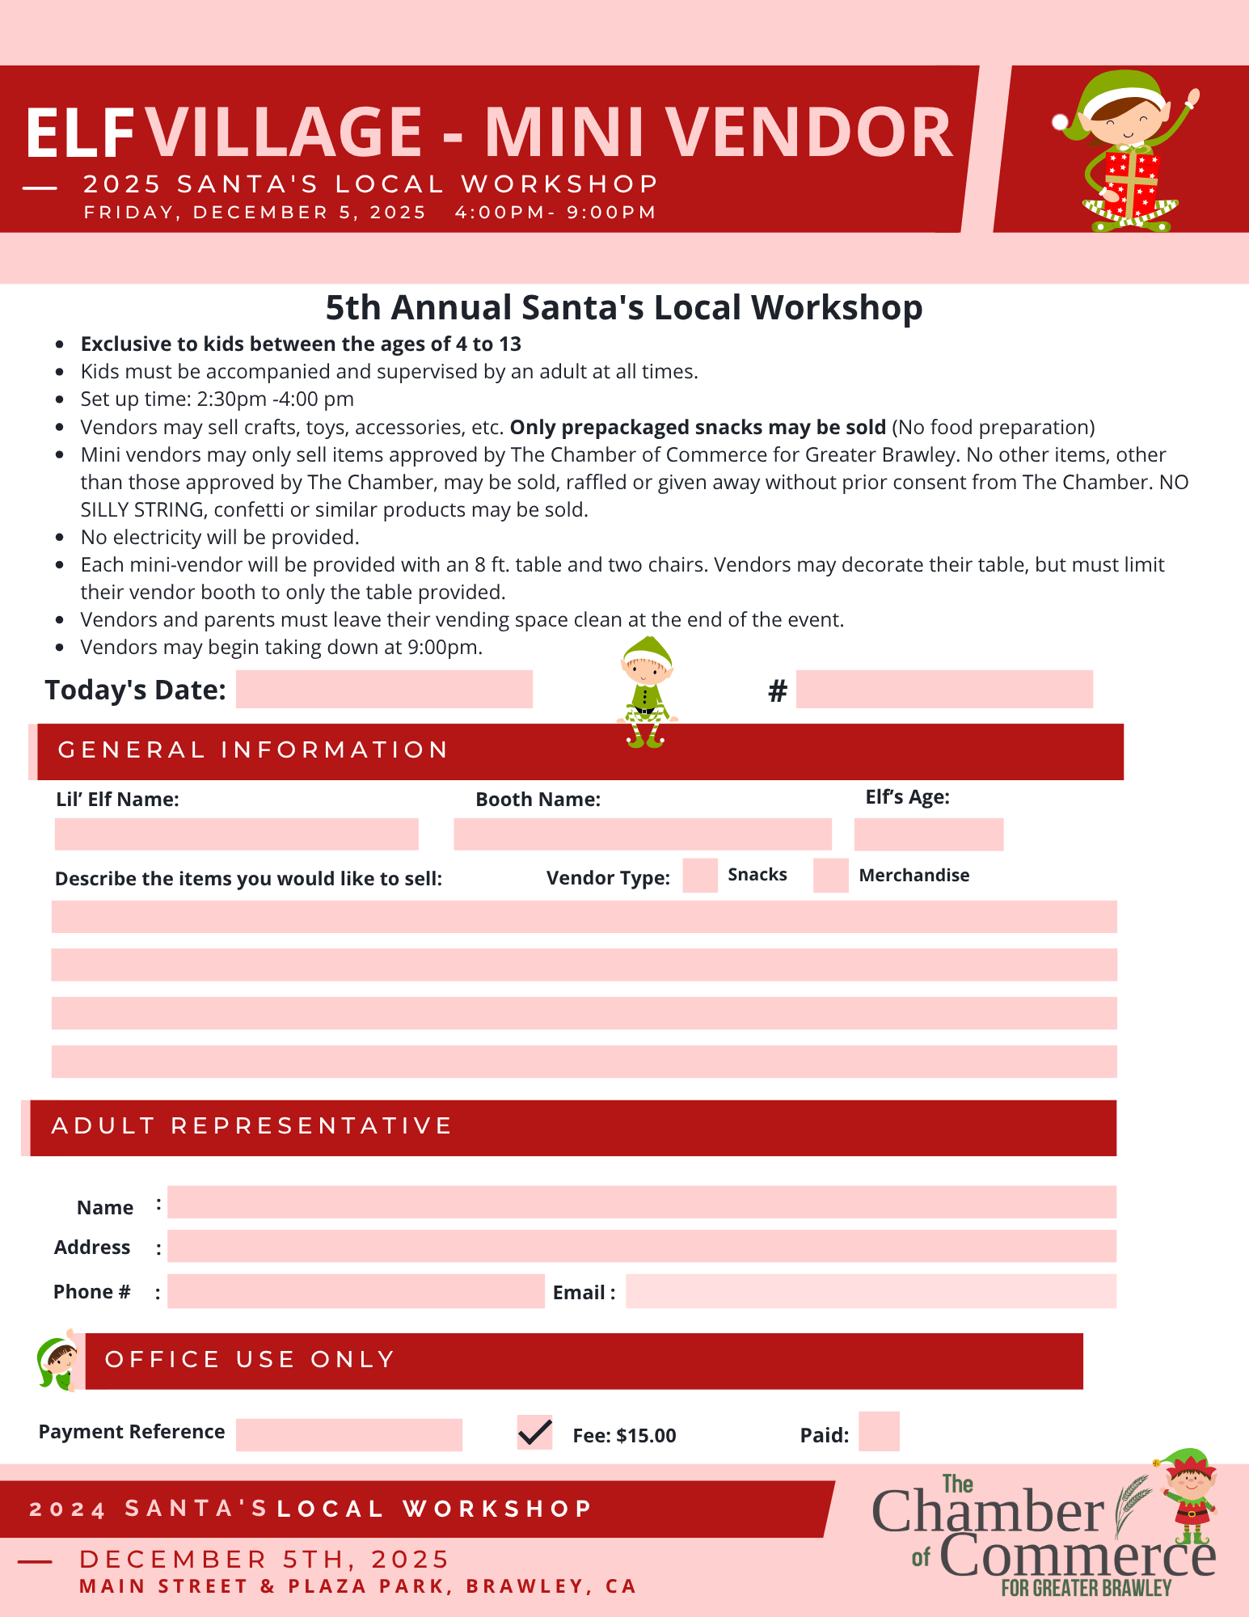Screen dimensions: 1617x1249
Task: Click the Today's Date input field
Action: [x=384, y=690]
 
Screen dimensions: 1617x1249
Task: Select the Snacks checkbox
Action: [x=700, y=876]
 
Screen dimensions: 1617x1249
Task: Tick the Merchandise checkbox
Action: [x=830, y=876]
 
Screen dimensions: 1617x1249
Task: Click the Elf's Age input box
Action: [x=928, y=834]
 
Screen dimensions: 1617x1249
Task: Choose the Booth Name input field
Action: [x=642, y=834]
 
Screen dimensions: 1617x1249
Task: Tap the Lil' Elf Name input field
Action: [x=236, y=834]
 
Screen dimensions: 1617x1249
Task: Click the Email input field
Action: [x=871, y=1291]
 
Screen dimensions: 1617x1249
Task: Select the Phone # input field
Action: [x=356, y=1291]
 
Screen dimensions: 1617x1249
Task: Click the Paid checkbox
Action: [x=879, y=1432]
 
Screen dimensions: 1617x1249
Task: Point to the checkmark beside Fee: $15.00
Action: [x=534, y=1433]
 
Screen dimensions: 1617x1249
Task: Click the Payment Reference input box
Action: [x=348, y=1435]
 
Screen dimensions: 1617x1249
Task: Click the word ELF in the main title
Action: [x=79, y=133]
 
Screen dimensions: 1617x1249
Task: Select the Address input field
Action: [x=641, y=1246]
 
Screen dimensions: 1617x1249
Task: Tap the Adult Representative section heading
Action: [x=251, y=1126]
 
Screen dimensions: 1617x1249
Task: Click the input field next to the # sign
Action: [x=944, y=690]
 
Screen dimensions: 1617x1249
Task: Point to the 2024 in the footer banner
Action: [x=68, y=1509]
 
